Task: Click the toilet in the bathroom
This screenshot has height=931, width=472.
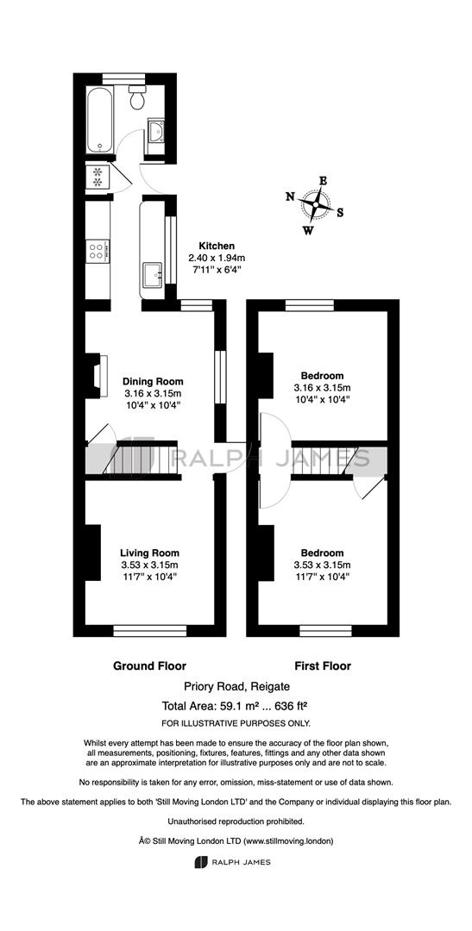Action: pyautogui.click(x=138, y=97)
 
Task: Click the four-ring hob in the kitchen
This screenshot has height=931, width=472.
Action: pyautogui.click(x=98, y=250)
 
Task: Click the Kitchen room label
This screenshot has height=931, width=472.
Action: pyautogui.click(x=217, y=246)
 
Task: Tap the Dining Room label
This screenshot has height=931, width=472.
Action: pyautogui.click(x=153, y=382)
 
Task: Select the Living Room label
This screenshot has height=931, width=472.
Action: pyautogui.click(x=150, y=553)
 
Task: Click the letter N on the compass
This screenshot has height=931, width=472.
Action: pyautogui.click(x=290, y=197)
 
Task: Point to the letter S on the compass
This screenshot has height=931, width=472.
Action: pyautogui.click(x=340, y=213)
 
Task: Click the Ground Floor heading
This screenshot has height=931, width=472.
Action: pyautogui.click(x=150, y=666)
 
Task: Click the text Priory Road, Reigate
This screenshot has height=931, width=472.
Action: pyautogui.click(x=236, y=687)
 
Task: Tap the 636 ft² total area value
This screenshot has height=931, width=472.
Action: pyautogui.click(x=288, y=707)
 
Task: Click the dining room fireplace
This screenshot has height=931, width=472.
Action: pyautogui.click(x=97, y=376)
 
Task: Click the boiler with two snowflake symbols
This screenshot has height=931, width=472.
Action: pyautogui.click(x=97, y=177)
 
